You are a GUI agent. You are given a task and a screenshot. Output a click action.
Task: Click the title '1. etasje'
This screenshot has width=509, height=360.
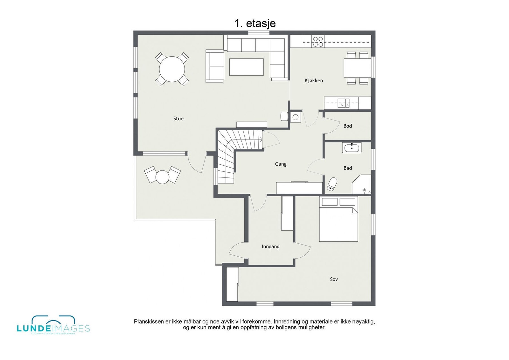255,23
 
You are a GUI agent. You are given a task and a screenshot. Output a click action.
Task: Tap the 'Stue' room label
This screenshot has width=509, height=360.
178,119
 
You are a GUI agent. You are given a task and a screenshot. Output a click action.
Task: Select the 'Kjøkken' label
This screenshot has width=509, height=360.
314,81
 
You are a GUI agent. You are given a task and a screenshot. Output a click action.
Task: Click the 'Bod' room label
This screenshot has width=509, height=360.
347,126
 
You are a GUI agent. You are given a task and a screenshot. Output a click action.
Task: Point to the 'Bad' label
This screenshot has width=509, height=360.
347,168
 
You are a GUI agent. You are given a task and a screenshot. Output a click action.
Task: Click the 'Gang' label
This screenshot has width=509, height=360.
281,164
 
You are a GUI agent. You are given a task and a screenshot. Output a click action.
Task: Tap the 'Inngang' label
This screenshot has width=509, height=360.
270,246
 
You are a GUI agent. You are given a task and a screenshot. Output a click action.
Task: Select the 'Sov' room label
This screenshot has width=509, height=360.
334,279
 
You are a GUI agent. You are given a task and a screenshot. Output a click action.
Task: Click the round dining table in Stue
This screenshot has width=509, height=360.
172,69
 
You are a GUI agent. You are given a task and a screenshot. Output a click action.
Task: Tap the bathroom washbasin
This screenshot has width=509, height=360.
352,148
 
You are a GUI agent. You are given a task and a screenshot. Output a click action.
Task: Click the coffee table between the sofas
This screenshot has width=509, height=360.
246,67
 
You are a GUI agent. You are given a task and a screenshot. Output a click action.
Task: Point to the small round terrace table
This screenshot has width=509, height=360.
162,177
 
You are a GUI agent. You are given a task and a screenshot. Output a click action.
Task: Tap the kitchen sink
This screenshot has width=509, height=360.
344,103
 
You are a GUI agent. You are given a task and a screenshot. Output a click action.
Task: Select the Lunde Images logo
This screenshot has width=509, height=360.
53,325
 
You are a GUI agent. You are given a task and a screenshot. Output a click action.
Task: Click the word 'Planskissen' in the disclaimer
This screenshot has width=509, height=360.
147,322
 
